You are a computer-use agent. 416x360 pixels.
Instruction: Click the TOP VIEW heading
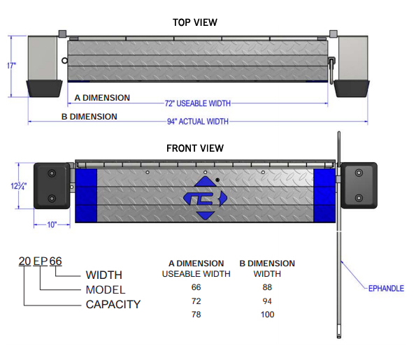click(194, 22)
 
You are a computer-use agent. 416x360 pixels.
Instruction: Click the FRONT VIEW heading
click(194, 148)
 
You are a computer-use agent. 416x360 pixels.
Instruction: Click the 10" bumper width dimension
click(52, 225)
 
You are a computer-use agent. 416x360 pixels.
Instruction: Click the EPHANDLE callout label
click(386, 288)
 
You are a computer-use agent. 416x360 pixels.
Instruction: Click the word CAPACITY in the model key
click(113, 304)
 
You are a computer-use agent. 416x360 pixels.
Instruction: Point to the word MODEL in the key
click(105, 289)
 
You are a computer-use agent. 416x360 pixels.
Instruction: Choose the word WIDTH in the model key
click(103, 275)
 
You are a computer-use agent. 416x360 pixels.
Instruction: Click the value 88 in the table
click(267, 287)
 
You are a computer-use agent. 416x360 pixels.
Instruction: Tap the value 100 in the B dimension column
click(267, 315)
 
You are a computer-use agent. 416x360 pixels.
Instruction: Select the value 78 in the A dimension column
click(196, 315)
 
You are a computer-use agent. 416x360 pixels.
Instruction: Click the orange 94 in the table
click(267, 301)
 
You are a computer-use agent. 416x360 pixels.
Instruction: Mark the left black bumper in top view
click(42, 87)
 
